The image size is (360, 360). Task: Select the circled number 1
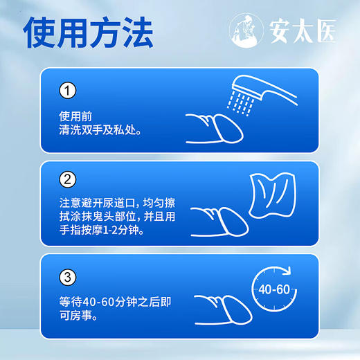[x=67, y=91]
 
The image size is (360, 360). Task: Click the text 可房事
[x=78, y=316]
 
